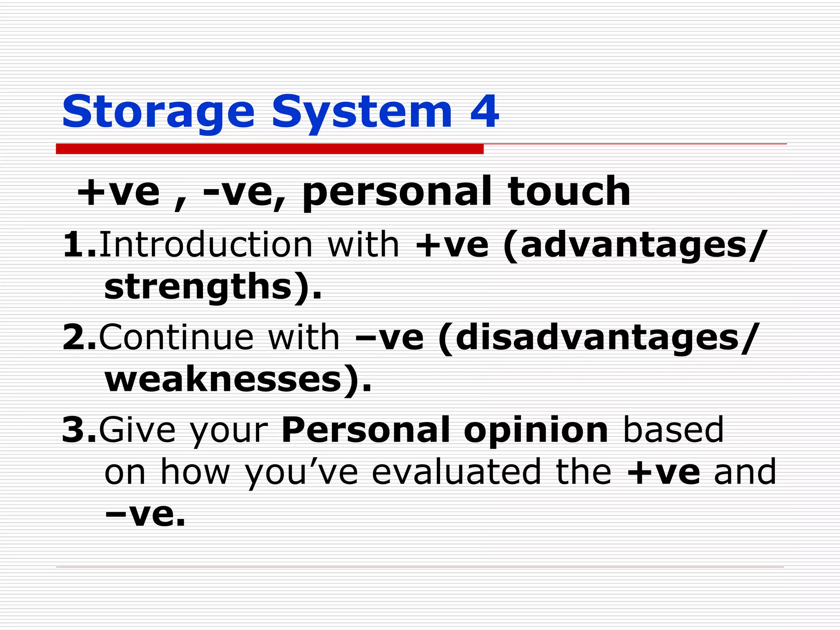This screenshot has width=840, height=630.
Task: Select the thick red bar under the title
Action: (x=269, y=149)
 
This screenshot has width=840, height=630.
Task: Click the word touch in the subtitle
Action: (x=568, y=191)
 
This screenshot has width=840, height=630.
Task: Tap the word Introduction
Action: (x=205, y=245)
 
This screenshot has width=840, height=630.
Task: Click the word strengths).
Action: (x=213, y=287)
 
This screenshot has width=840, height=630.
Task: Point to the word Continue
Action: (x=176, y=338)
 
